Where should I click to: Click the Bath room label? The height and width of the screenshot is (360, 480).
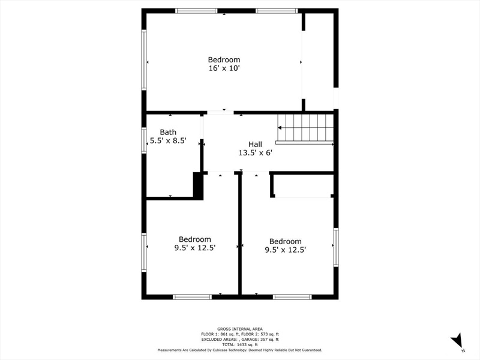point(168,132)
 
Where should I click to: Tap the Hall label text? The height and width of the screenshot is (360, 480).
point(256,144)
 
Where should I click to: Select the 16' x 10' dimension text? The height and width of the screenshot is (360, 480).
point(224,68)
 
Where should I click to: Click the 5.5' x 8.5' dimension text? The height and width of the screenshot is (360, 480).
point(168,141)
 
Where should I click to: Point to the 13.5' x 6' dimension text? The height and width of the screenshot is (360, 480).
point(256,153)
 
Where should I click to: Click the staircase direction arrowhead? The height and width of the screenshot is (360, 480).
point(280,128)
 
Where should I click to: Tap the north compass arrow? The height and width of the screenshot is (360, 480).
point(456,340)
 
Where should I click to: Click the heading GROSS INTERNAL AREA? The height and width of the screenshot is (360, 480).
point(240,329)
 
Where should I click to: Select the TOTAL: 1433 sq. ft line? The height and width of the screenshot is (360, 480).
point(240,344)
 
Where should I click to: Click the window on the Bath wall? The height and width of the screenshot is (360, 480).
point(144,140)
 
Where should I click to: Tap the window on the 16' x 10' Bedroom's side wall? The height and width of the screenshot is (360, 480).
point(144,60)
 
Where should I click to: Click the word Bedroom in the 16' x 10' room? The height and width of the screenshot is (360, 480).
point(224,59)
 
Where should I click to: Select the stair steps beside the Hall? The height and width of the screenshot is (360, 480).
point(305,128)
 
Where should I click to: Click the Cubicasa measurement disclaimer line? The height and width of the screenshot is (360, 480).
point(240,350)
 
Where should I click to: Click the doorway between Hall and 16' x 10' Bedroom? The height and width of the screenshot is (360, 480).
point(221,113)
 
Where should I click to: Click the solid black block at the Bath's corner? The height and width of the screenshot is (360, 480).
point(198,186)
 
